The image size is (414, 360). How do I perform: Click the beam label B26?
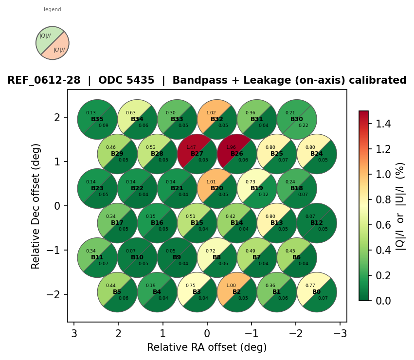(237, 154)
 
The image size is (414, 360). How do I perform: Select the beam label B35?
(97, 119)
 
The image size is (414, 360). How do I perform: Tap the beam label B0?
(317, 292)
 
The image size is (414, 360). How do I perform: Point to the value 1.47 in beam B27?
(191, 147)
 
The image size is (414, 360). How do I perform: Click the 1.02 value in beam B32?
(211, 113)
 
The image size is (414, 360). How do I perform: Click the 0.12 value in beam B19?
(263, 195)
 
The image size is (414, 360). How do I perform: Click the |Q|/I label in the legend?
(45, 36)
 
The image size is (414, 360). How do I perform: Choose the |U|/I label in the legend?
(59, 50)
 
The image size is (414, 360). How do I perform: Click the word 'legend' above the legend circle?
(53, 9)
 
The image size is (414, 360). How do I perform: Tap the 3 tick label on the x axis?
(74, 333)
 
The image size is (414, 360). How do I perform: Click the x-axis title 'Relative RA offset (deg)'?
(207, 347)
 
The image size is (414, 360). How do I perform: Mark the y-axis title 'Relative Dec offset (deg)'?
(36, 206)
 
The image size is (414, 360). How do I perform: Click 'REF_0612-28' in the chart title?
(44, 80)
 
